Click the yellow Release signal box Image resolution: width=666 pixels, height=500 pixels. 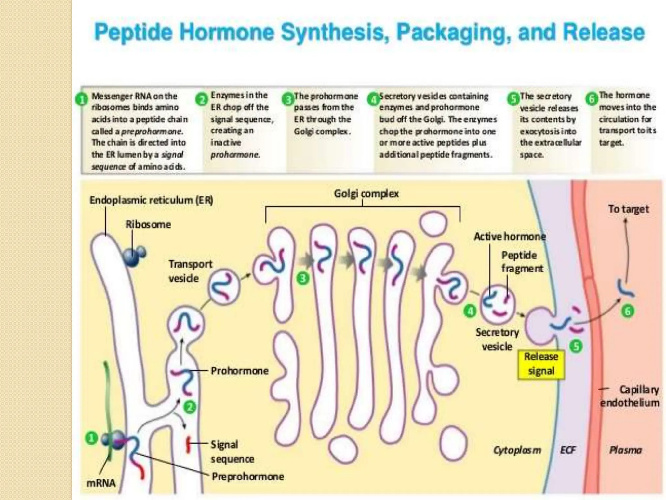541,364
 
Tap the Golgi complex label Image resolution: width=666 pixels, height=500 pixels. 366,193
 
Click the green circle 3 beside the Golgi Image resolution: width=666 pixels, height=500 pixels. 303,278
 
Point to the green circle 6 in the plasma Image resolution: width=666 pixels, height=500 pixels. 628,311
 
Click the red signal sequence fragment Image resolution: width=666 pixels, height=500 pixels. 188,445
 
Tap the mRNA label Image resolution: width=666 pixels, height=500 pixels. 101,483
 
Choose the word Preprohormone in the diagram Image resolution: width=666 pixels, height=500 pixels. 248,477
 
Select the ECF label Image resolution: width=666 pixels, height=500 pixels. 568,450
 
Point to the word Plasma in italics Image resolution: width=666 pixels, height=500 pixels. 625,450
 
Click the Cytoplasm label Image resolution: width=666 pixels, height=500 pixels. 517,450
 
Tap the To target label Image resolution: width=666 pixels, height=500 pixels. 628,209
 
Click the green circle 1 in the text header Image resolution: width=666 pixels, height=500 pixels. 82,100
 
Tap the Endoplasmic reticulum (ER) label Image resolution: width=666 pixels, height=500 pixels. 151,200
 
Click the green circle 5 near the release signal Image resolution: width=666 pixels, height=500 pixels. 576,346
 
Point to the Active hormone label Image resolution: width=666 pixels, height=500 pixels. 510,236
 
